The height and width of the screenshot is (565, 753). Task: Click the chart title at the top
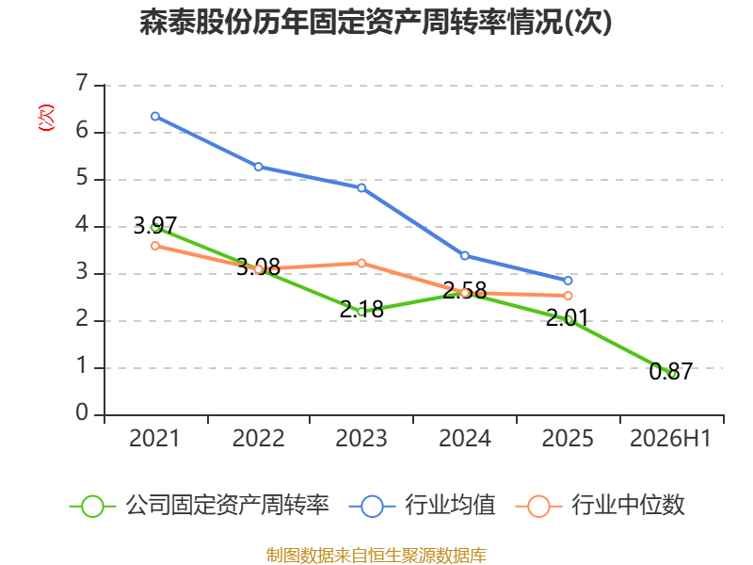click(x=376, y=22)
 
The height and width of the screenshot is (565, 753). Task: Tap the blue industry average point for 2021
click(x=155, y=116)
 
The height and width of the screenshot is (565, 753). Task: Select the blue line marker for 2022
click(x=258, y=167)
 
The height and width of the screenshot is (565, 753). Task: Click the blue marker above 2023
click(x=361, y=187)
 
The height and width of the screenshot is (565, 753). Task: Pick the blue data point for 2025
click(x=568, y=281)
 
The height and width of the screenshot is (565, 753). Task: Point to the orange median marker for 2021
click(x=155, y=246)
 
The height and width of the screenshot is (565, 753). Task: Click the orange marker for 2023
click(x=361, y=264)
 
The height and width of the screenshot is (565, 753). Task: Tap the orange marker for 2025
click(x=568, y=296)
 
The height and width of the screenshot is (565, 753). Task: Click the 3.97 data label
click(x=155, y=225)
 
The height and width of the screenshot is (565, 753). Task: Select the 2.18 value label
click(x=361, y=310)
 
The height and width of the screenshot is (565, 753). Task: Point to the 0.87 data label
click(x=671, y=371)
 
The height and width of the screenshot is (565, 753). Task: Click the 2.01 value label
click(x=568, y=317)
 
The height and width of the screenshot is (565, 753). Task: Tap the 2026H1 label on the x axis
click(x=670, y=439)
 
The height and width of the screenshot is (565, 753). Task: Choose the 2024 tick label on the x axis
click(x=465, y=439)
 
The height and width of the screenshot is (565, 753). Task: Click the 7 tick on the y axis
click(x=82, y=83)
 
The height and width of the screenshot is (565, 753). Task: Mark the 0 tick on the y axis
click(x=82, y=412)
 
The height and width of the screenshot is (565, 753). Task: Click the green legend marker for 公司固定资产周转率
click(x=92, y=507)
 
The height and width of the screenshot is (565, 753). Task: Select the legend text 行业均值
click(x=450, y=506)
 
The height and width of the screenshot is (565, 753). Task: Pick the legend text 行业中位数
click(x=628, y=506)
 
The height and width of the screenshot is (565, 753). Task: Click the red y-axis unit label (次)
click(x=46, y=118)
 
